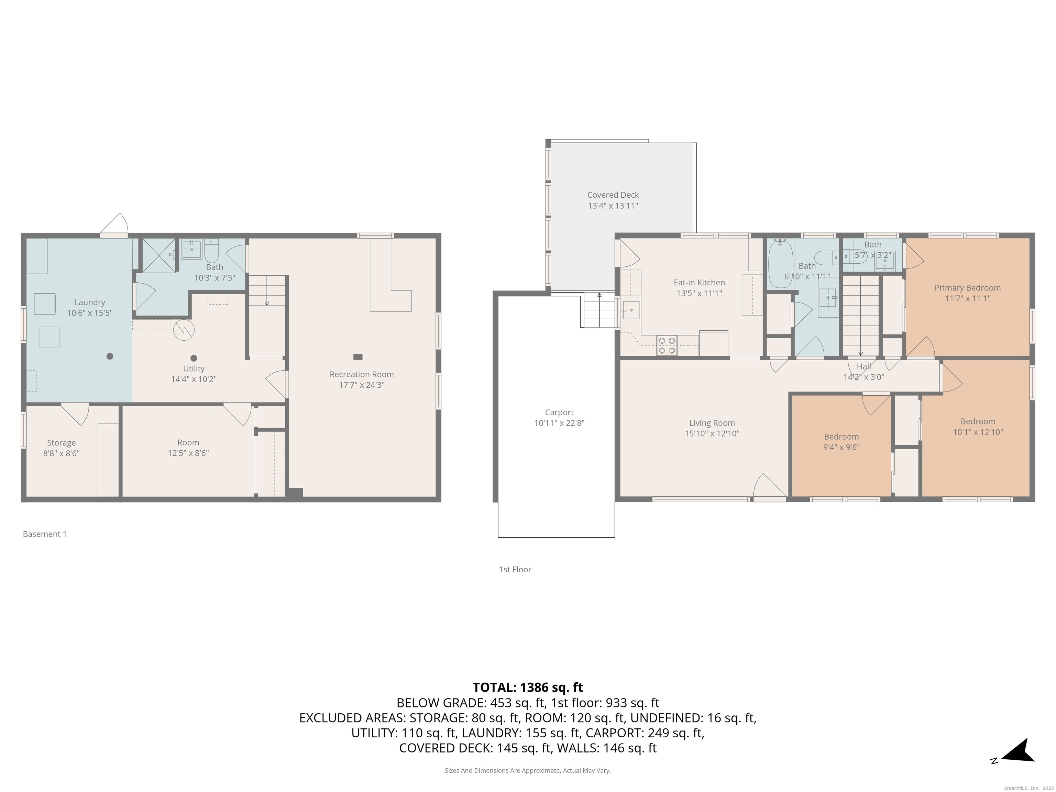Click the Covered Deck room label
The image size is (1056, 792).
point(613,195)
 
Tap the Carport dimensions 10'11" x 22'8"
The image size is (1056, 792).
point(559,423)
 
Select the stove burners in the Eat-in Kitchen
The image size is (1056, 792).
point(667,345)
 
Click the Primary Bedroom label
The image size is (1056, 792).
point(967,288)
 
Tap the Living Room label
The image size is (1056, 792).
point(712,423)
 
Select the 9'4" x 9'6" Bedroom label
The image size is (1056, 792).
point(841,437)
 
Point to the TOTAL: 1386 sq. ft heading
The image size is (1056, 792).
point(528,687)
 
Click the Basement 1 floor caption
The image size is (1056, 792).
point(45,534)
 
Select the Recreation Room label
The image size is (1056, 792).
point(361,374)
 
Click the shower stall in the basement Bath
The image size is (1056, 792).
point(159,256)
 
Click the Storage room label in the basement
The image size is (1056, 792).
point(61,443)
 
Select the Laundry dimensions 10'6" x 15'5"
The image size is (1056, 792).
point(90,313)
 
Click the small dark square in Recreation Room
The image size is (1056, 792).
point(357,356)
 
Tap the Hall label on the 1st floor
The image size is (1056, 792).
point(863,367)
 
